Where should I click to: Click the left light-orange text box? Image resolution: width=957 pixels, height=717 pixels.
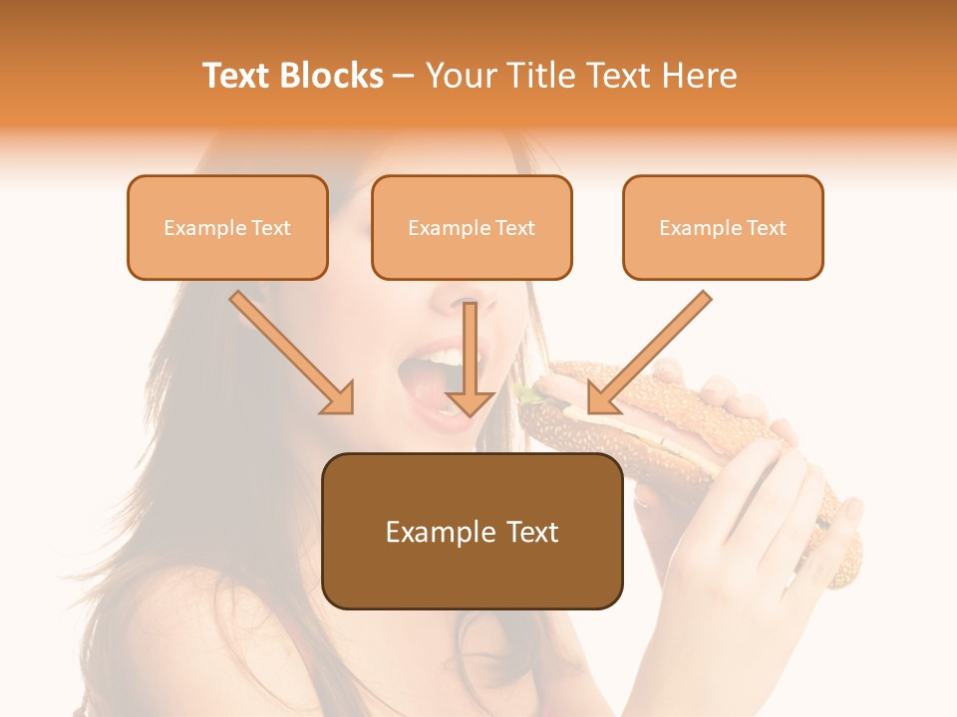(x=227, y=227)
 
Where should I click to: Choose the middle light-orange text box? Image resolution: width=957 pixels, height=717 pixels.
(x=472, y=227)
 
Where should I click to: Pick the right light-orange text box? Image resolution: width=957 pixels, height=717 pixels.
(x=723, y=227)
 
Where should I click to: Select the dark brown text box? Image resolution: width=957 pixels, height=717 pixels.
(x=472, y=531)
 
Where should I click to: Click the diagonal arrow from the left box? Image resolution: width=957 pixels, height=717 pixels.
(x=292, y=353)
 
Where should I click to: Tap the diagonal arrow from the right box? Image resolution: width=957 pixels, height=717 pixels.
(x=649, y=353)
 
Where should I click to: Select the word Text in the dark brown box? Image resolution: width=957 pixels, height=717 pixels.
(x=532, y=532)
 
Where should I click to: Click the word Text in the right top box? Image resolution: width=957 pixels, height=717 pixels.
(x=766, y=228)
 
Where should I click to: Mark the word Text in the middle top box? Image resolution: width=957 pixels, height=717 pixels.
(x=514, y=228)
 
